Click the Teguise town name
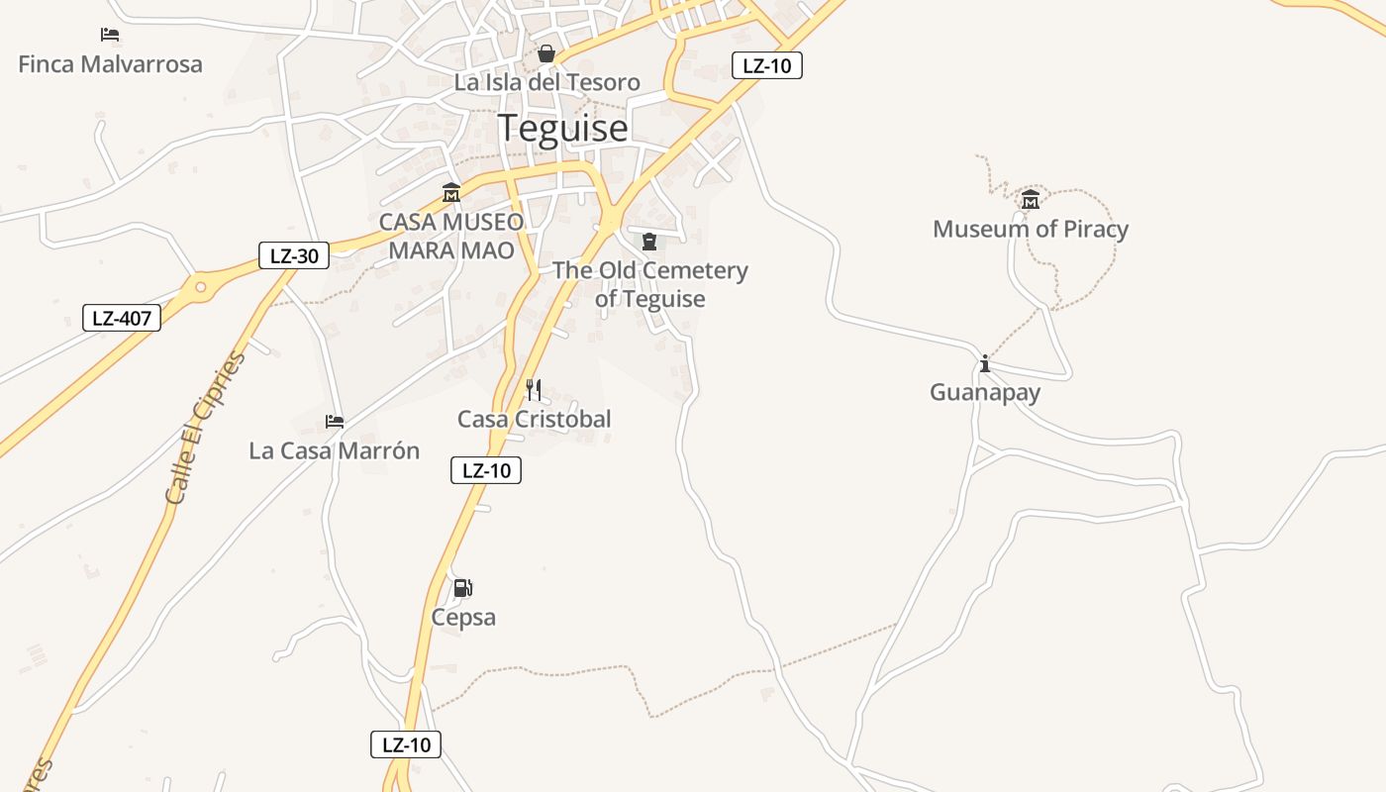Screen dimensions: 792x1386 coord(562,129)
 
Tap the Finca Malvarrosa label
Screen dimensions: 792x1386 coord(110,64)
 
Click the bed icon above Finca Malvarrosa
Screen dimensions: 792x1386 coord(110,35)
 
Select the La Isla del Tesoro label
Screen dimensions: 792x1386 coord(546,82)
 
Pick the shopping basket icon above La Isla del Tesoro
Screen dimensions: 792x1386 coord(545,53)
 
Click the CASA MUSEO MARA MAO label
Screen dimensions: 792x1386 coord(451,236)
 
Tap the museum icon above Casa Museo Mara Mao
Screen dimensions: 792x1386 coord(451,192)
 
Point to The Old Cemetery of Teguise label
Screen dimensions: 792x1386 coord(649,284)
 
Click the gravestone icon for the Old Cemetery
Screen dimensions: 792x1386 coord(649,241)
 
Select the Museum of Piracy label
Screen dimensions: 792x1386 coord(1030,230)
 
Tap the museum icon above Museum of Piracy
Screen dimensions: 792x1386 coord(1031,200)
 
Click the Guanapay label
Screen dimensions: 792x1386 coord(984,392)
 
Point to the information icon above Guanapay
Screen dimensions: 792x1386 coord(984,363)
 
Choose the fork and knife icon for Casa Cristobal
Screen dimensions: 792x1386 coord(534,389)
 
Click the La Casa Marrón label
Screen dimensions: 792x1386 coord(334,450)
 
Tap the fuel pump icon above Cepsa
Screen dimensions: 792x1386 coord(462,588)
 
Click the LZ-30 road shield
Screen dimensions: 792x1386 coord(294,255)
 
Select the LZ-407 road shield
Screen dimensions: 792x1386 coord(121,318)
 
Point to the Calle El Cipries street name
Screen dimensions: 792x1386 coord(205,428)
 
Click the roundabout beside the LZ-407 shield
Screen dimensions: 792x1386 coord(201,288)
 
